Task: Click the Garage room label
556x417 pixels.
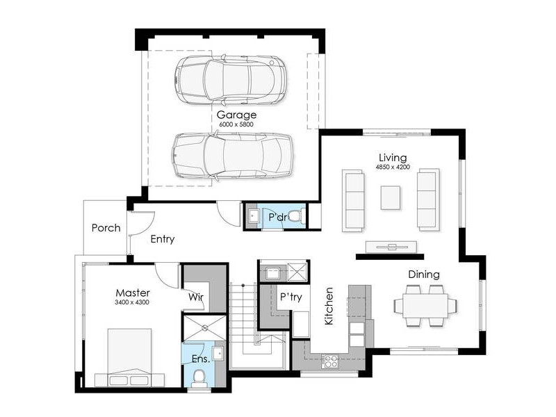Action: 236,115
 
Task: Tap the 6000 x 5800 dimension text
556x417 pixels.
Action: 236,124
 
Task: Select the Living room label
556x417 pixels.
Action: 393,158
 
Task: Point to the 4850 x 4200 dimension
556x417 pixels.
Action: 393,167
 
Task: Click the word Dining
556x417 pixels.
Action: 424,275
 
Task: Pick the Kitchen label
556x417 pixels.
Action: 329,306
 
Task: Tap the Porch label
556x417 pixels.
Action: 106,228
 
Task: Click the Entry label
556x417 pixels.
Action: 163,239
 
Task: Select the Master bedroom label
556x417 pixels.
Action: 133,293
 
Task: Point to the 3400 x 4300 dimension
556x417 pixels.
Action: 132,302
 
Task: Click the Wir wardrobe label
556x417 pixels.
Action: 196,297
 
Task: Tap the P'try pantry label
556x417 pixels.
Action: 291,297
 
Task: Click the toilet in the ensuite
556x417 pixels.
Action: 199,378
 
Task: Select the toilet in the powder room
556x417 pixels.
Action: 295,216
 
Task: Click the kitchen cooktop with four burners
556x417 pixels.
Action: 330,361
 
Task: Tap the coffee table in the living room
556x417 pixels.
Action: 391,197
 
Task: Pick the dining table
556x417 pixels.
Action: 425,306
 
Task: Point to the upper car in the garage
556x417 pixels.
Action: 231,80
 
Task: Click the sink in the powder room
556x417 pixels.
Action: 254,216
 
